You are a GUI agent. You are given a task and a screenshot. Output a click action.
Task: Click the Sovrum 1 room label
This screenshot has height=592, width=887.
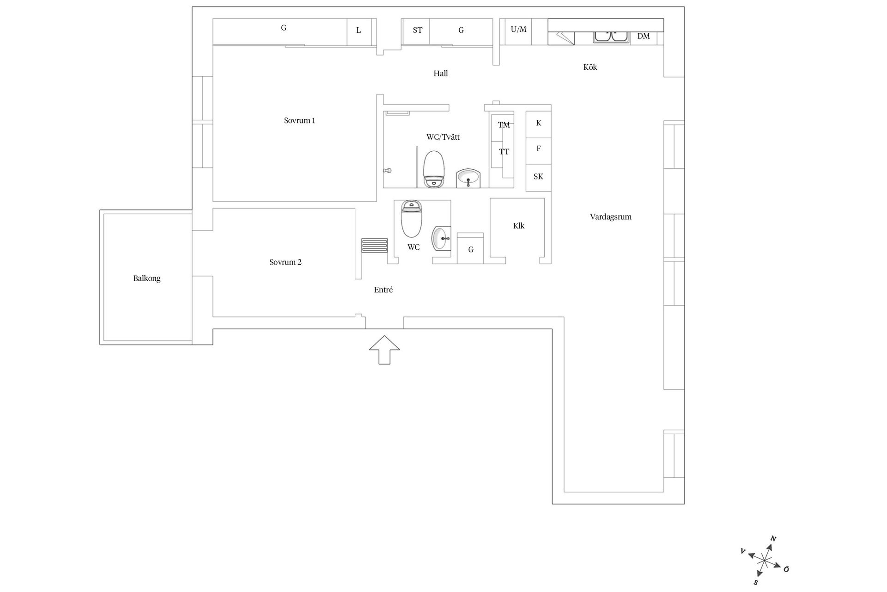[299, 121]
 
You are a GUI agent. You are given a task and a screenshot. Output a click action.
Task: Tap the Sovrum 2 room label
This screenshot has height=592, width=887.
[286, 262]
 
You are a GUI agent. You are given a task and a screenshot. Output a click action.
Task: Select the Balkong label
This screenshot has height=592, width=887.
[147, 278]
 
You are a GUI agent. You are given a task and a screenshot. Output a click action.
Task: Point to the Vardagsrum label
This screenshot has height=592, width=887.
[611, 217]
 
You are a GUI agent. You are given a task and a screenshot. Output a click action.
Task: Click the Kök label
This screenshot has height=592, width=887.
[590, 67]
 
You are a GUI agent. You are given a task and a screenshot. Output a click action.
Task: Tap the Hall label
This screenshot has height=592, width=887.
[441, 73]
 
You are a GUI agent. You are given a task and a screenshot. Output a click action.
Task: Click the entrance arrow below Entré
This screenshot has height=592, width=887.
[384, 350]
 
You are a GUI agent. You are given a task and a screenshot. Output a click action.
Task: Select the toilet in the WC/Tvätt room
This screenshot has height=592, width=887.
[434, 169]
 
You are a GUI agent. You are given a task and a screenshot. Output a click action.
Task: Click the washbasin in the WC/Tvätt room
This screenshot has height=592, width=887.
[468, 179]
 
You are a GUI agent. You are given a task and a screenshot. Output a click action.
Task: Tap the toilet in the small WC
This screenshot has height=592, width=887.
[412, 219]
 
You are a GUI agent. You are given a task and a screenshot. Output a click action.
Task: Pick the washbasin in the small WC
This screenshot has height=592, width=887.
[441, 239]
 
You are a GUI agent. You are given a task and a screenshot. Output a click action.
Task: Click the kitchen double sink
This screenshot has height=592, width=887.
[612, 37]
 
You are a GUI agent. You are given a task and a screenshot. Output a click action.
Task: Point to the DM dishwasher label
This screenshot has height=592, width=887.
[644, 36]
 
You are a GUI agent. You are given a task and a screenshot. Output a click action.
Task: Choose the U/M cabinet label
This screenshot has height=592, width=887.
[518, 30]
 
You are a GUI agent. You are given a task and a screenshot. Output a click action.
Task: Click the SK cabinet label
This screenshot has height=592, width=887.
[538, 177]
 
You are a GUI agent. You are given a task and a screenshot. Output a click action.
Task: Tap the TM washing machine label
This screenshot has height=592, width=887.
[504, 125]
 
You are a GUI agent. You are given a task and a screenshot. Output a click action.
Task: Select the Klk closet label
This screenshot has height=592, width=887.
[519, 226]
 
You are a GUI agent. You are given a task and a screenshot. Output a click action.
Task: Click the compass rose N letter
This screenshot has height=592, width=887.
[773, 539]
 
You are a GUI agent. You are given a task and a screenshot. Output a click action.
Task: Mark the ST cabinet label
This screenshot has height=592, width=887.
[418, 31]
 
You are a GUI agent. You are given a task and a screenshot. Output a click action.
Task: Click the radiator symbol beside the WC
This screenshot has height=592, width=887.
[375, 245]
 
